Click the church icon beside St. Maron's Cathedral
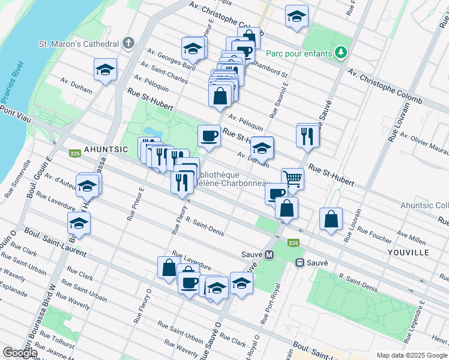(x=127, y=44)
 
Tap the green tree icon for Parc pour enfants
(x=341, y=53)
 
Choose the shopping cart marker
(x=292, y=178)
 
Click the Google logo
(x=20, y=352)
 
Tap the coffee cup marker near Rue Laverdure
(x=188, y=281)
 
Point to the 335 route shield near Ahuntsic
(x=75, y=154)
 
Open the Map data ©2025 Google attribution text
(x=412, y=355)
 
